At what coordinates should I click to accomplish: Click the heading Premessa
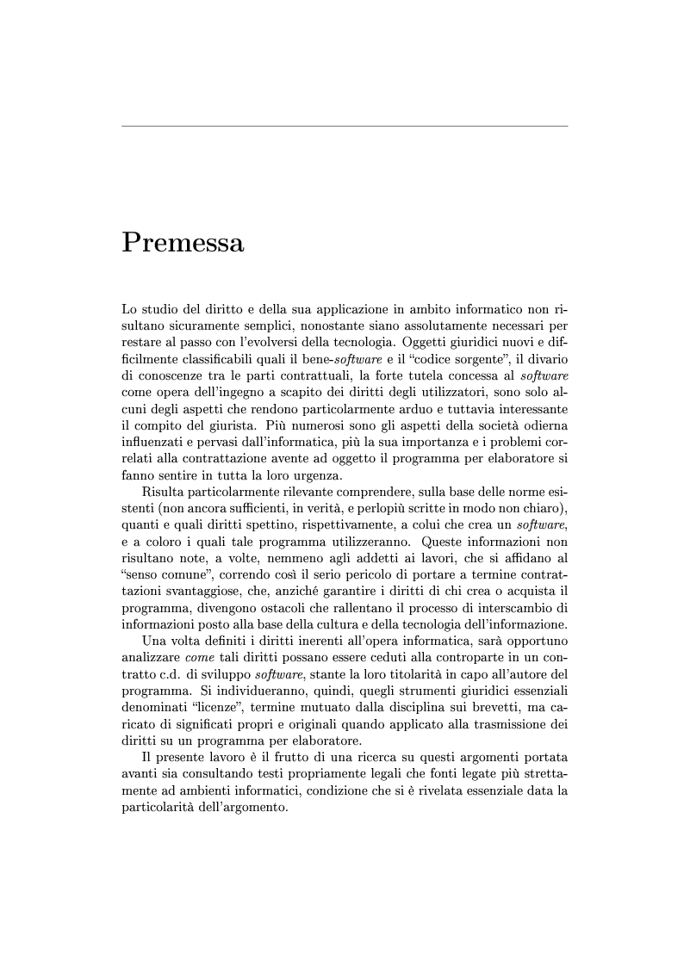coord(183,243)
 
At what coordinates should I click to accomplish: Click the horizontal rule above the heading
coord(345,127)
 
